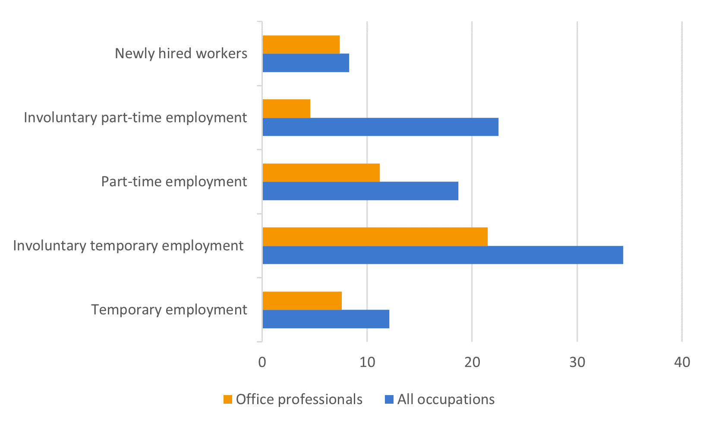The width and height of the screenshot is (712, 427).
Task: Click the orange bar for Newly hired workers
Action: tap(301, 44)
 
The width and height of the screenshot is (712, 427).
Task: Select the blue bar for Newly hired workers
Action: tap(306, 63)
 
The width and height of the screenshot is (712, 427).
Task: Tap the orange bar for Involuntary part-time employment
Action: tap(287, 109)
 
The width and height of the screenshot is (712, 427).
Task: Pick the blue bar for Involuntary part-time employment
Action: tap(381, 127)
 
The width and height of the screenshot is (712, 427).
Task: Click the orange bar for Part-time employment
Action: tap(321, 173)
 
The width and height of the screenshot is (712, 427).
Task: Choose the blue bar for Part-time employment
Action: tap(360, 191)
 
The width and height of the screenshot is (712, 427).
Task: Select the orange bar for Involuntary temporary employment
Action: tap(375, 237)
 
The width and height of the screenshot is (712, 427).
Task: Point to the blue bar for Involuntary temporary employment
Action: tap(443, 255)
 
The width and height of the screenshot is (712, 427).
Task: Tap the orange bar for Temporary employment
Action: tap(302, 301)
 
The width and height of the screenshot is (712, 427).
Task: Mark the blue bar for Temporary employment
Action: tap(326, 319)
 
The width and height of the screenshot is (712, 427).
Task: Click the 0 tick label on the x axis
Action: tap(262, 362)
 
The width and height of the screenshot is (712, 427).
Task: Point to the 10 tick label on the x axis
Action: tap(367, 362)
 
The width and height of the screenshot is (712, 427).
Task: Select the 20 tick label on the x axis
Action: tap(472, 362)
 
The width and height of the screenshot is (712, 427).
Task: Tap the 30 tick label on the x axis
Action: tap(577, 362)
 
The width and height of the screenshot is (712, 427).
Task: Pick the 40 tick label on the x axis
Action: tap(682, 362)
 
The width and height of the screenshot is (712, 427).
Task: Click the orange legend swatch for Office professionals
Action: tap(227, 399)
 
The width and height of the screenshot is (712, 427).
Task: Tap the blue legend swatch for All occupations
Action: tap(389, 399)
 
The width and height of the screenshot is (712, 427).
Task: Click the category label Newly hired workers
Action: tap(181, 53)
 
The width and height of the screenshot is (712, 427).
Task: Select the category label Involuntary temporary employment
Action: tap(128, 246)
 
